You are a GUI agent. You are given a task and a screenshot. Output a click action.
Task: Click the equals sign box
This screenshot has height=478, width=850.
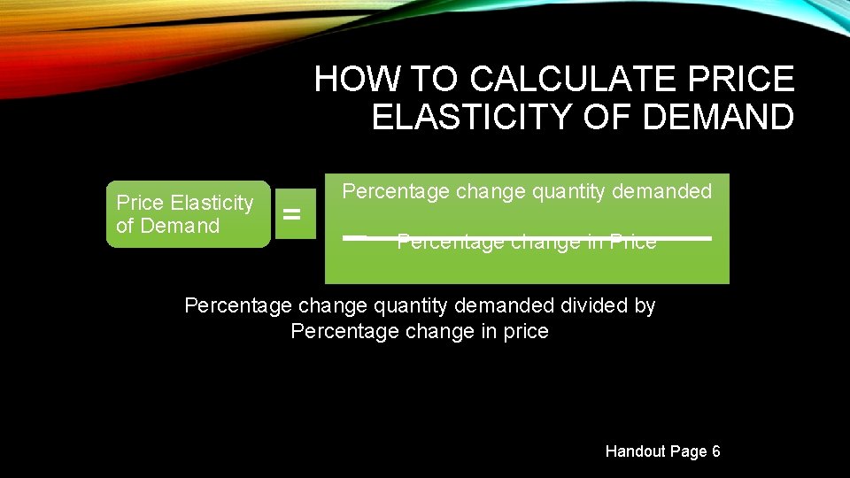click(291, 214)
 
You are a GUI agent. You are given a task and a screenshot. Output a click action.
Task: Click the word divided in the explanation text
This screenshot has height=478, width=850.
click(595, 306)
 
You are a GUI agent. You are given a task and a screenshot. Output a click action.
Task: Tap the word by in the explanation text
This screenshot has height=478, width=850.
click(645, 306)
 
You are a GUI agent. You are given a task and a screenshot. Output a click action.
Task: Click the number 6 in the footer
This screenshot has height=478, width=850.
click(715, 451)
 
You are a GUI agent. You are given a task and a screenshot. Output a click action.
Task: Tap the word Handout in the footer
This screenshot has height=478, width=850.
click(635, 451)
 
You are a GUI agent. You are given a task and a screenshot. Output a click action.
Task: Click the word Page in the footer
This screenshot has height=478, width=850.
click(688, 451)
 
